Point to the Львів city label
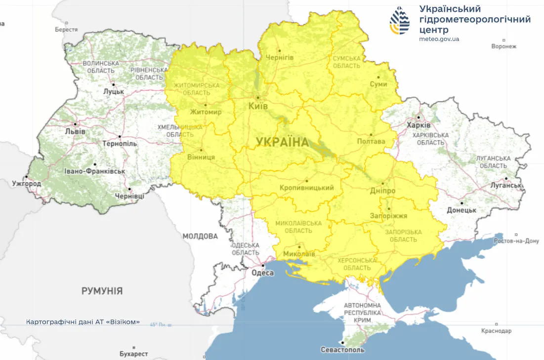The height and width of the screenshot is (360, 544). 75,132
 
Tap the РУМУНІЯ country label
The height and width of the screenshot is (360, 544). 102,291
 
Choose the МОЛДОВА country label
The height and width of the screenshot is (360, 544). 200,236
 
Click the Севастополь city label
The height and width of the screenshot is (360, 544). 342,350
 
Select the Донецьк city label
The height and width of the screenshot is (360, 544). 461,210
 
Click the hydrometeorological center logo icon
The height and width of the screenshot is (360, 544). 399,21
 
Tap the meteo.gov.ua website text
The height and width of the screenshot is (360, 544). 439,39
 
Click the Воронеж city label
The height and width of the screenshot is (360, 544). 503,46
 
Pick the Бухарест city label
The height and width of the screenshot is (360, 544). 133,354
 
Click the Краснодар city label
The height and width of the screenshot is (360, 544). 496,331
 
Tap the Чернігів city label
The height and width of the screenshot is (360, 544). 279,58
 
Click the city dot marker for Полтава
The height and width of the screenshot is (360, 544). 371,134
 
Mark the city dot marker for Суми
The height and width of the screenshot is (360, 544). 378,77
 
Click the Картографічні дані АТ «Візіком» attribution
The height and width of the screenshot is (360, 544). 83,322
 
